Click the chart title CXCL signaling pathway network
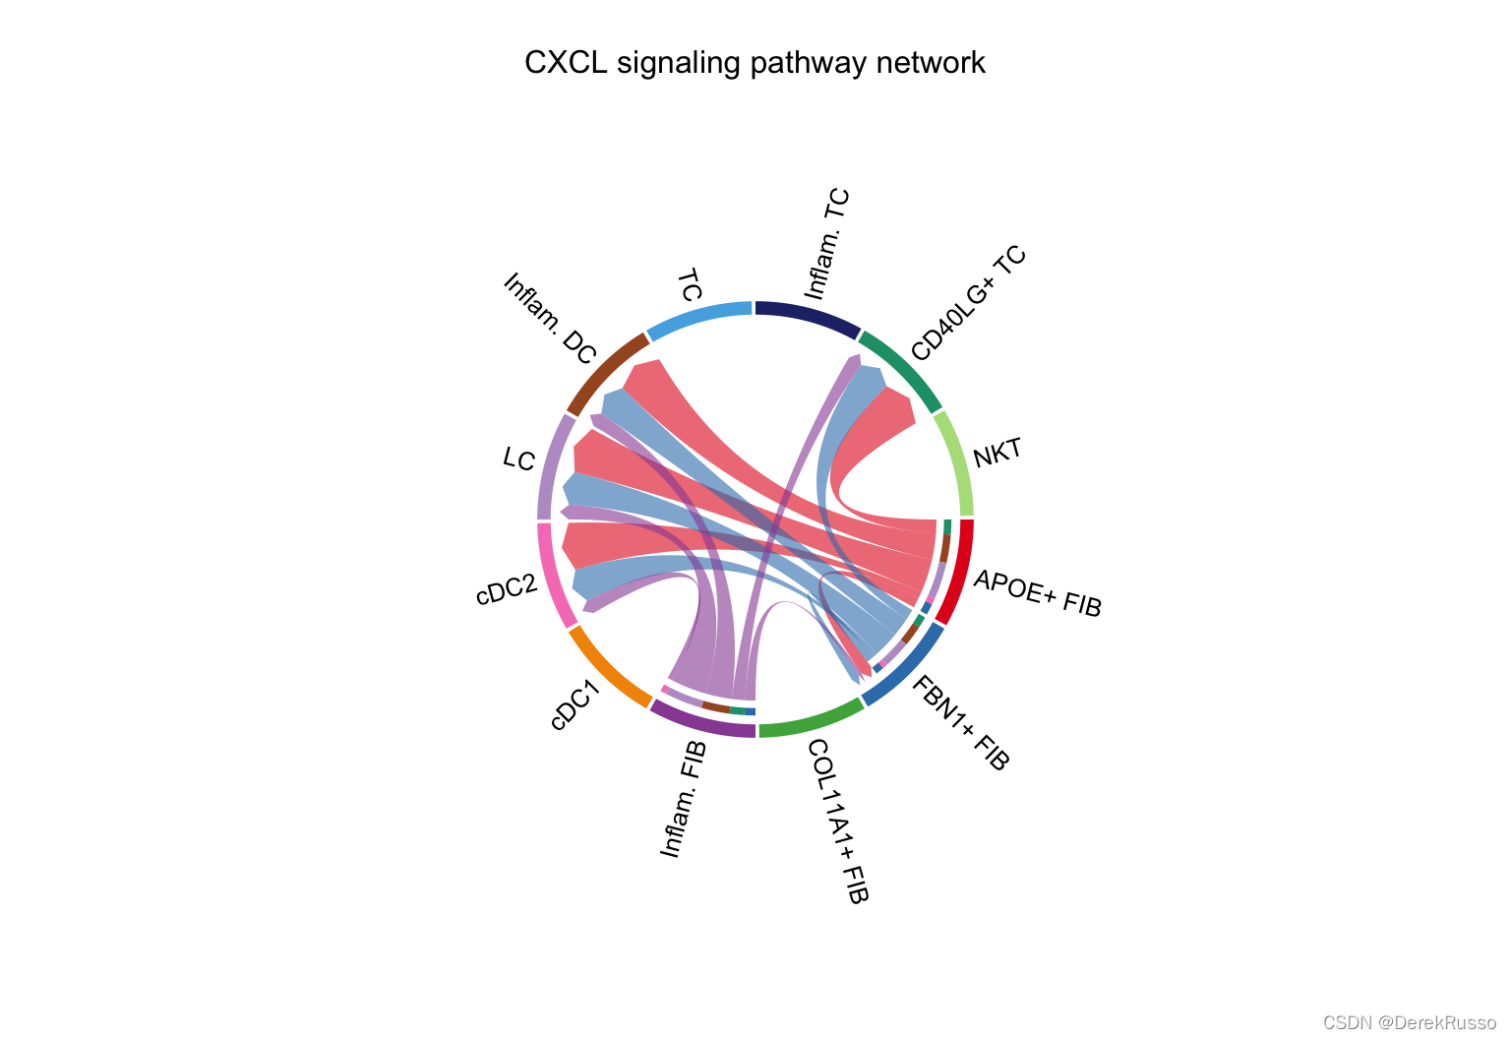pos(755,63)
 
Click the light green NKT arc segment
pos(956,460)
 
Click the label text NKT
pos(997,455)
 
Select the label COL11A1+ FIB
pos(838,821)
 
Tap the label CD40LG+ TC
pos(969,303)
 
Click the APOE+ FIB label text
pos(1038,593)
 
